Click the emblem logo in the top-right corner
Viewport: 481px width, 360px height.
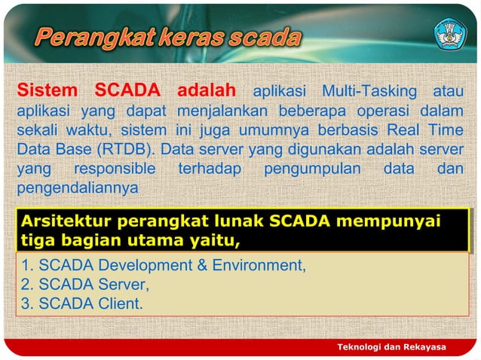click(x=450, y=34)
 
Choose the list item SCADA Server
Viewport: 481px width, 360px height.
click(x=85, y=285)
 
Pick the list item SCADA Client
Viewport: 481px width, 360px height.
click(x=81, y=304)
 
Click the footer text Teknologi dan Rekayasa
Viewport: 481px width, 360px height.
click(x=391, y=346)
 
